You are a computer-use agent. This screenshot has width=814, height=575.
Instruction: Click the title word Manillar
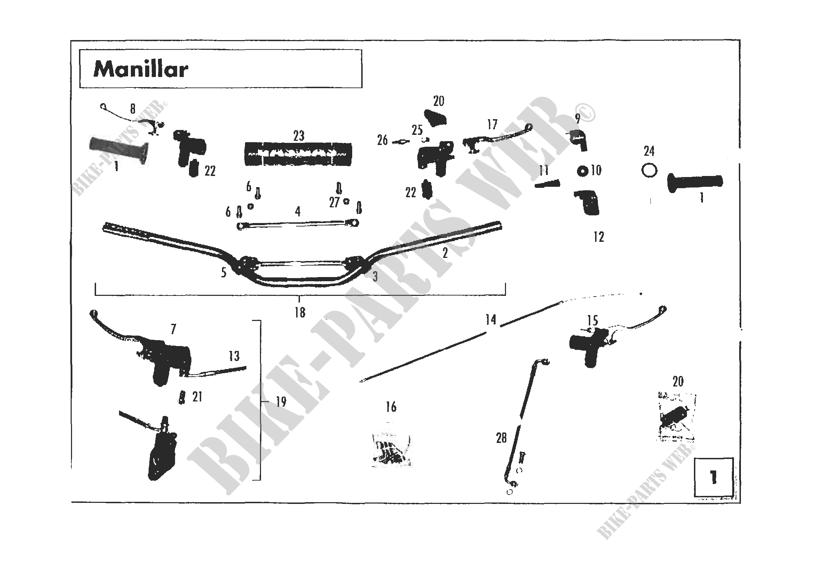coord(140,69)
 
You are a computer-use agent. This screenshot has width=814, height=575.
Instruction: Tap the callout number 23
coord(299,136)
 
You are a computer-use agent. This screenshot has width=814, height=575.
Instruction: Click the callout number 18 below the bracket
coord(300,313)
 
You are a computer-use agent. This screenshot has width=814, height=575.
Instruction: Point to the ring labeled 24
coord(649,171)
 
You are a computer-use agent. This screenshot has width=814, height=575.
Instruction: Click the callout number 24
coord(649,152)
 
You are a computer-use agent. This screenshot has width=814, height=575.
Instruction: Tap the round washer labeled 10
coord(582,171)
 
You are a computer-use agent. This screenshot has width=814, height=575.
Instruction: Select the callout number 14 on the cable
coord(491,320)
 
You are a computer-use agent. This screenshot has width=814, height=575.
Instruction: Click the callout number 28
coord(501,438)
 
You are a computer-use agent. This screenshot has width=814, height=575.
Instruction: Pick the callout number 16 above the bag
coord(391,407)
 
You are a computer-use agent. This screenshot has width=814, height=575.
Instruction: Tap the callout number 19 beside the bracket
coord(281,402)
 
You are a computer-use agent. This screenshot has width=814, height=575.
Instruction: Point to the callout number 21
coord(197,397)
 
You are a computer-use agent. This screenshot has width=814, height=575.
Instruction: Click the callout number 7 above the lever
coord(173,329)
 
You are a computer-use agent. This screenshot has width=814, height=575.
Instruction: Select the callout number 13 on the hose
coord(234,356)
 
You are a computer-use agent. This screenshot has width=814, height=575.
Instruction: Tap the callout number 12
coord(599,237)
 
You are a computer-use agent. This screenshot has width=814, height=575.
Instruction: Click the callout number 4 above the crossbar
coord(298,212)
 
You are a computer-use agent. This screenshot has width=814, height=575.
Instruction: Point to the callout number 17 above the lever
coord(492,125)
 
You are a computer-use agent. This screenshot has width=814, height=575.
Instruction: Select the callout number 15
coord(592,321)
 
